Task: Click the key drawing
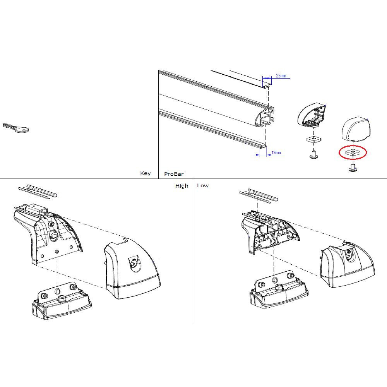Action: coord(16,128)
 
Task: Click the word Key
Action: coord(145,173)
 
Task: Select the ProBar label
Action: coord(174,174)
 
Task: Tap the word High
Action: coord(182,186)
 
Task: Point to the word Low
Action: coord(203,186)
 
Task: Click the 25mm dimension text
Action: coord(281,76)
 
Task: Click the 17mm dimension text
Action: coord(276,153)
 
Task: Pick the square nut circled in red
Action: coord(353,152)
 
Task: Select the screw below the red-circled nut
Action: coord(353,168)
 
